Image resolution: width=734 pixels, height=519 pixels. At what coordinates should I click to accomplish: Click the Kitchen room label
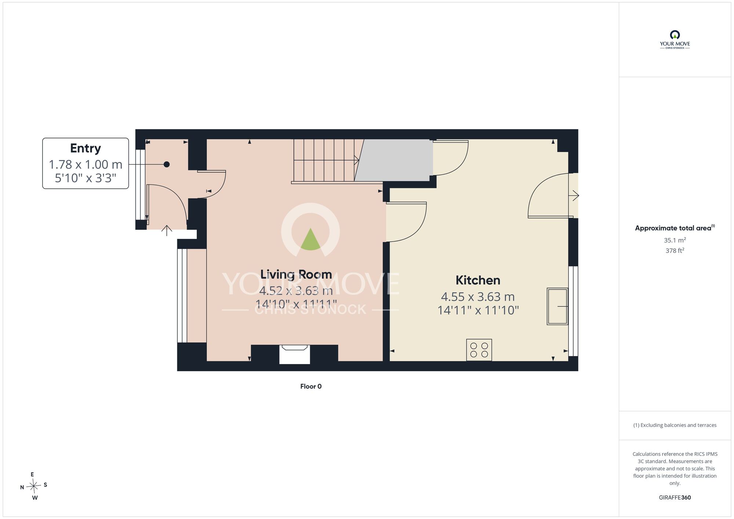pyautogui.click(x=478, y=280)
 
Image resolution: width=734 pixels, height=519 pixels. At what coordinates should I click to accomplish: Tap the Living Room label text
pyautogui.click(x=296, y=275)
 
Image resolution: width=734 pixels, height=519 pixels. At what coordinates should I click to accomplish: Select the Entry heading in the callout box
pyautogui.click(x=86, y=148)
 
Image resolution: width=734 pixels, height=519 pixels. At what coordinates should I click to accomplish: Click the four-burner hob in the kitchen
pyautogui.click(x=479, y=350)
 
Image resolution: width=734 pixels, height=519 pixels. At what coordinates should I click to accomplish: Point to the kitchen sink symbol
pyautogui.click(x=557, y=306)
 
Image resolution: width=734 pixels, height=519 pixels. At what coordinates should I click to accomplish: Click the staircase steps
pyautogui.click(x=325, y=160)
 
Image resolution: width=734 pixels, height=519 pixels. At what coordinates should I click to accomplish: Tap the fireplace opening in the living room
pyautogui.click(x=295, y=355)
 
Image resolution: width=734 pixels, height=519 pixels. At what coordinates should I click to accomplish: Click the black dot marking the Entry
pyautogui.click(x=167, y=164)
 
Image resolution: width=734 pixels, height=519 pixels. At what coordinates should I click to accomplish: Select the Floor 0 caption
pyautogui.click(x=311, y=386)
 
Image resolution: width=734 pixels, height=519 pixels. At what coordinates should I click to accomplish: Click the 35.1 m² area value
pyautogui.click(x=675, y=240)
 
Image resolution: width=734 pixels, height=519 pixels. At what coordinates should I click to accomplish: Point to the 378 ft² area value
pyautogui.click(x=675, y=251)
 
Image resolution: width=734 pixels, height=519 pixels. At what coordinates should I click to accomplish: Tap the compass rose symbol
pyautogui.click(x=34, y=487)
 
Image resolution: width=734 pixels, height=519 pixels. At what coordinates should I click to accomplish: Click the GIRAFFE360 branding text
pyautogui.click(x=675, y=498)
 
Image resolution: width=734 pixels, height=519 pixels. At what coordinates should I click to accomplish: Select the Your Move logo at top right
pyautogui.click(x=675, y=40)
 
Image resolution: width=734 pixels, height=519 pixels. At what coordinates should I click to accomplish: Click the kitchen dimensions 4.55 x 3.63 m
pyautogui.click(x=478, y=297)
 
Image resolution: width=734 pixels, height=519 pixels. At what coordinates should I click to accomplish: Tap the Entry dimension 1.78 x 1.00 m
pyautogui.click(x=86, y=164)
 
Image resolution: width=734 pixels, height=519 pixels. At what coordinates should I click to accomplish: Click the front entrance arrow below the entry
pyautogui.click(x=167, y=231)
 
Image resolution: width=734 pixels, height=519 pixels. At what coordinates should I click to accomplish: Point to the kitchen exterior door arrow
pyautogui.click(x=574, y=196)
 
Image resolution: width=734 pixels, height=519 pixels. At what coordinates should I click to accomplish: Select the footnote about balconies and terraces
pyautogui.click(x=675, y=425)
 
